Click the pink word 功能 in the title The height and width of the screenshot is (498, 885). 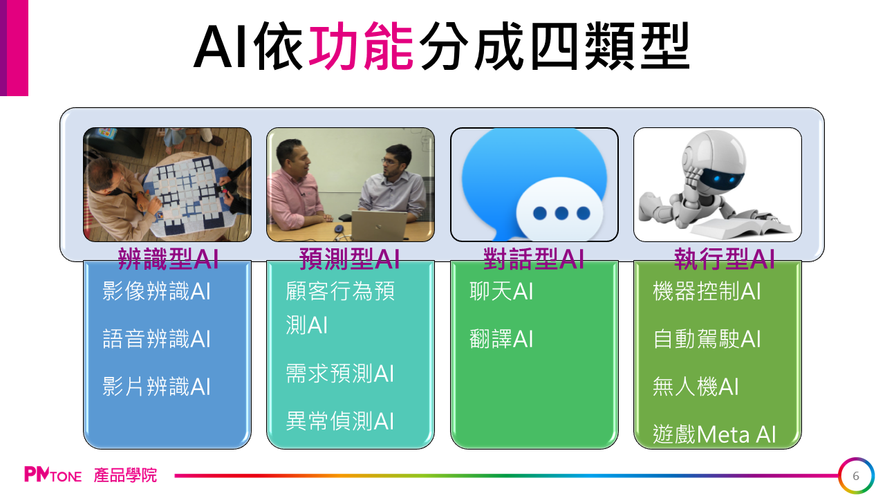(361, 46)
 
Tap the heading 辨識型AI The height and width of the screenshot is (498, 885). (168, 259)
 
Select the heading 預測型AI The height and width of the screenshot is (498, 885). (350, 259)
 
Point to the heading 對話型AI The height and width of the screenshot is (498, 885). (534, 259)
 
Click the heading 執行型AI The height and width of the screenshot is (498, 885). (724, 259)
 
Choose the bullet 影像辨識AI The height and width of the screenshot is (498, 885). (156, 291)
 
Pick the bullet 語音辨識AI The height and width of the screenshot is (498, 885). (156, 339)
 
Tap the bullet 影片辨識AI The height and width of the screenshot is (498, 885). (156, 387)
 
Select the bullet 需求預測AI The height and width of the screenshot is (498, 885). (339, 373)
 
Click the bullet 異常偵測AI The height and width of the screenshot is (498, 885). (339, 421)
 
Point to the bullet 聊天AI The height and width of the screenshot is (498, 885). (501, 291)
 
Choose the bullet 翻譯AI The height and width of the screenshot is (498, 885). (501, 339)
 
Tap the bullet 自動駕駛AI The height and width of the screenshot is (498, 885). (707, 339)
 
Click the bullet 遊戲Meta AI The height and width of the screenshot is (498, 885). (714, 434)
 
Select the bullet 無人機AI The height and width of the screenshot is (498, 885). (696, 387)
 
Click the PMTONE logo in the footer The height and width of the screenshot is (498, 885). (53, 474)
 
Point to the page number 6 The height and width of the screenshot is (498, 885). (856, 476)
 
